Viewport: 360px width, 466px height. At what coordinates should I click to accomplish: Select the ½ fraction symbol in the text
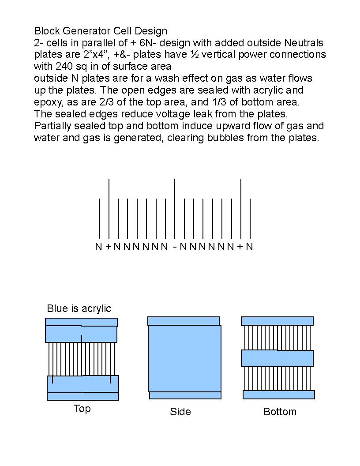pos(195,54)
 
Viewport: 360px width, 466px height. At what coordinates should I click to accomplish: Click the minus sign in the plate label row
pos(175,247)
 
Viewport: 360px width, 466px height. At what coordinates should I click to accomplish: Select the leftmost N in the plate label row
pos(99,246)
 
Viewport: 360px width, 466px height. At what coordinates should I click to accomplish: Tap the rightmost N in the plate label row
pos(250,246)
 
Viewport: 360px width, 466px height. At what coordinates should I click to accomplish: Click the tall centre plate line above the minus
pos(175,208)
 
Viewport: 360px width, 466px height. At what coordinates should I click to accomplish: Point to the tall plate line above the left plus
pos(109,208)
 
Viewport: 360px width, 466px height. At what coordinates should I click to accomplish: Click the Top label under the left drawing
pos(82,409)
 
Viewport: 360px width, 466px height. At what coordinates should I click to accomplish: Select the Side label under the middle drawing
pos(180,412)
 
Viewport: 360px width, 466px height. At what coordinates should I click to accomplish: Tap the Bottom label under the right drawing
pos(280,412)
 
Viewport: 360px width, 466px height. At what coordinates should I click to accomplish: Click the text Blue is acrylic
pos(79,308)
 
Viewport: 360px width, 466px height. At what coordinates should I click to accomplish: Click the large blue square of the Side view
pos(184,358)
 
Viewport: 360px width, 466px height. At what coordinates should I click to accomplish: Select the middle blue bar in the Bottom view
pos(277,358)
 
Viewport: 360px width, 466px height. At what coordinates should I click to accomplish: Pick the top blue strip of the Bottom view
pos(277,321)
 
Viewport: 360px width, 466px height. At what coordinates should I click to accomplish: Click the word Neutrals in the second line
pos(304,43)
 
